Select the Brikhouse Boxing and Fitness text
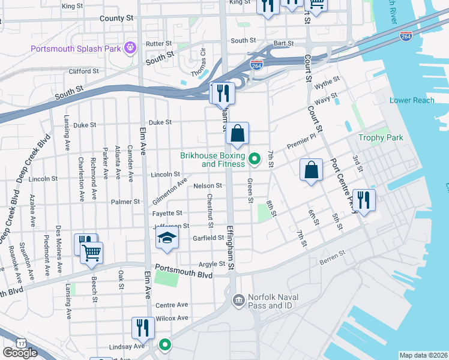tap(212, 160)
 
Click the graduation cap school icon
tap(167, 239)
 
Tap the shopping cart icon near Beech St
tap(91, 253)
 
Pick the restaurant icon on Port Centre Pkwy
tap(364, 199)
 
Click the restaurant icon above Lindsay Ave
tap(143, 327)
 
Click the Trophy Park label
tap(381, 137)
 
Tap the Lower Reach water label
tap(412, 100)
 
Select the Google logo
tap(20, 352)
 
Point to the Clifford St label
tap(84, 71)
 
